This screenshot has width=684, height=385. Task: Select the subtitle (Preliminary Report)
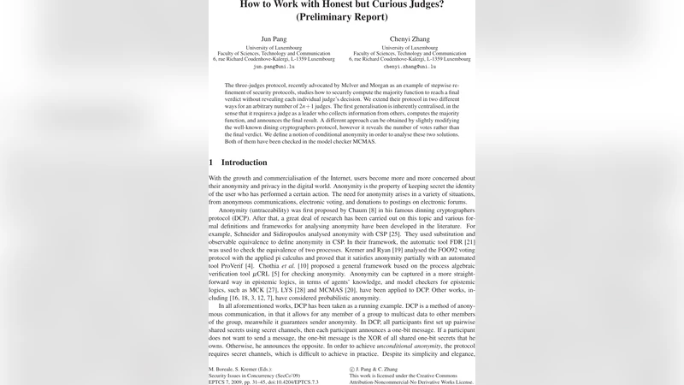point(341,16)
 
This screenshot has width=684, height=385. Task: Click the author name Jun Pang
point(274,38)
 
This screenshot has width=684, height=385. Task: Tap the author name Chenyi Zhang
point(410,38)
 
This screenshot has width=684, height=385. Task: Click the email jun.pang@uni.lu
point(274,66)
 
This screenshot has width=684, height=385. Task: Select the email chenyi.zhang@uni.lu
point(410,66)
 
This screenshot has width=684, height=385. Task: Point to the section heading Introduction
point(244,163)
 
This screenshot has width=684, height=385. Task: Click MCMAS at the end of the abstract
point(360,141)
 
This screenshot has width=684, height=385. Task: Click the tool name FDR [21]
point(459,242)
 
